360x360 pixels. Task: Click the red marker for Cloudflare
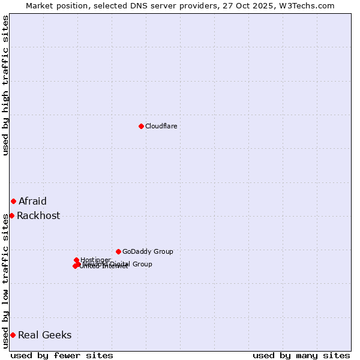click(141, 126)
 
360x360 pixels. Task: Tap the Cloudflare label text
click(161, 126)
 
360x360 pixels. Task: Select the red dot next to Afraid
click(13, 201)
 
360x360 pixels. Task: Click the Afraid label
click(32, 202)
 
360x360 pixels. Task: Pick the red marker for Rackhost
click(11, 215)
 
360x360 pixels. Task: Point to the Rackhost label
click(38, 216)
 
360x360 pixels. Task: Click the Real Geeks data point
click(13, 335)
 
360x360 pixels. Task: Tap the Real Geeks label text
click(45, 335)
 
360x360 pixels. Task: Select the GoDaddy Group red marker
click(118, 251)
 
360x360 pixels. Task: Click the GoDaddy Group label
click(148, 251)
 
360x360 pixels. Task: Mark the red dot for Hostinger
click(76, 260)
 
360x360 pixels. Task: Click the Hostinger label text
click(95, 260)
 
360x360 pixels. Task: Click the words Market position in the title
click(55, 5)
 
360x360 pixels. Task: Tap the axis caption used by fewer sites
click(62, 355)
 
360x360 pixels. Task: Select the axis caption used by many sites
click(301, 355)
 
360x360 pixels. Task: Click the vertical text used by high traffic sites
click(5, 85)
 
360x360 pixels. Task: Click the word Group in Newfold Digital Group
click(142, 264)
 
